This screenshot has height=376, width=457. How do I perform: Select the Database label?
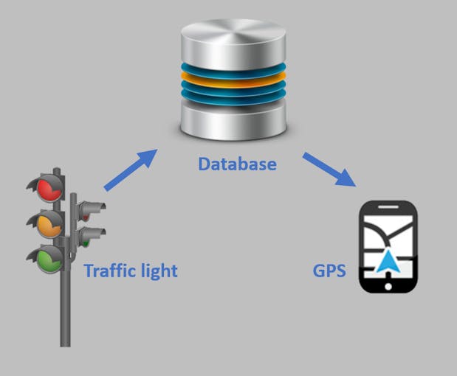point(237,163)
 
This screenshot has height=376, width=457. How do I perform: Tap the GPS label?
point(330,270)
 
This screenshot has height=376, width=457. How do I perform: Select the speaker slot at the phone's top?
point(388,207)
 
